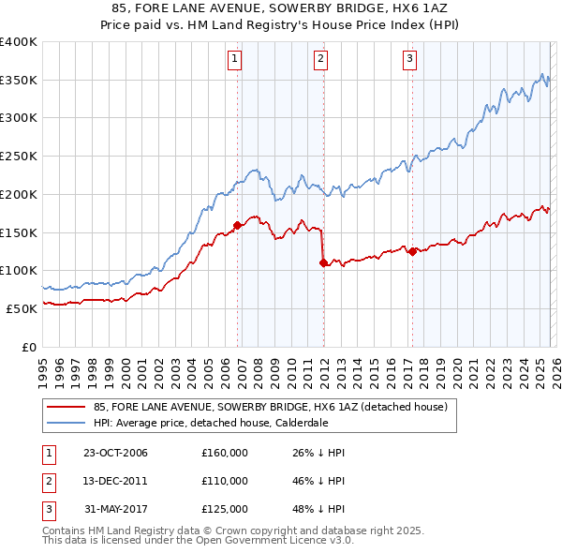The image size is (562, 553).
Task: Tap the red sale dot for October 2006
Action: [237, 225]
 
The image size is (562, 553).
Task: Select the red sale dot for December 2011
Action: [324, 263]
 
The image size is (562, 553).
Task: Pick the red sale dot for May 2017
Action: [412, 250]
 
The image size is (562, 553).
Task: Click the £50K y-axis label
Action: [21, 307]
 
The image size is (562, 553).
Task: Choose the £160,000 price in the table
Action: [225, 453]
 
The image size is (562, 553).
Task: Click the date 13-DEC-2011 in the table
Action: [115, 481]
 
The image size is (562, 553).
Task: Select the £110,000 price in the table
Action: [225, 481]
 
